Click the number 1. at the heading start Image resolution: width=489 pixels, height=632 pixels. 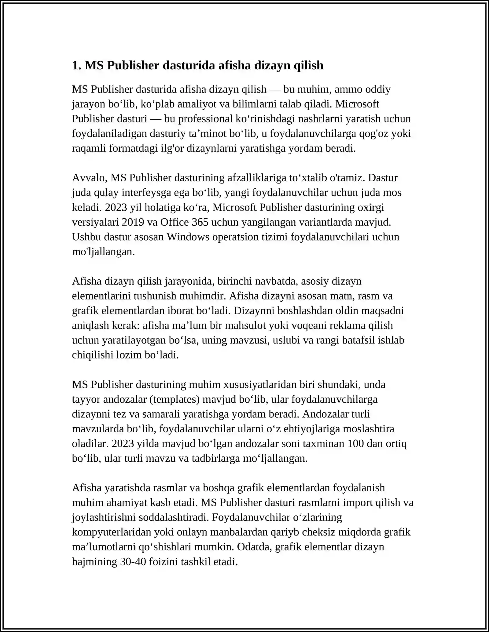(76, 66)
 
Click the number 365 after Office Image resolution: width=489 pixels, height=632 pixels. (200, 222)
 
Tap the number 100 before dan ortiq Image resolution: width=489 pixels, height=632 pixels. (356, 444)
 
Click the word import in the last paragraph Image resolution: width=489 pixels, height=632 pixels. (359, 503)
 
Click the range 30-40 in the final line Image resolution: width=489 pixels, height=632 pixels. (133, 562)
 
